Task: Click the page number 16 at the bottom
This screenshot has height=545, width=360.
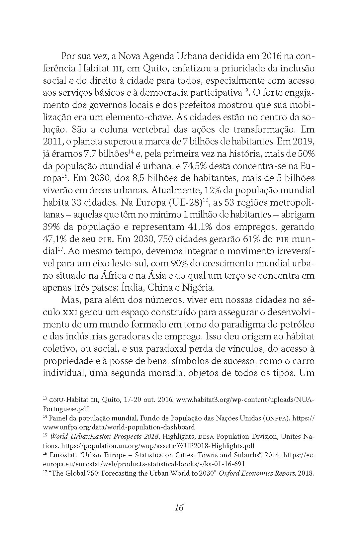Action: (x=179, y=507)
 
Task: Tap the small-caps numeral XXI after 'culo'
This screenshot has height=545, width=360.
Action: (x=70, y=312)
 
